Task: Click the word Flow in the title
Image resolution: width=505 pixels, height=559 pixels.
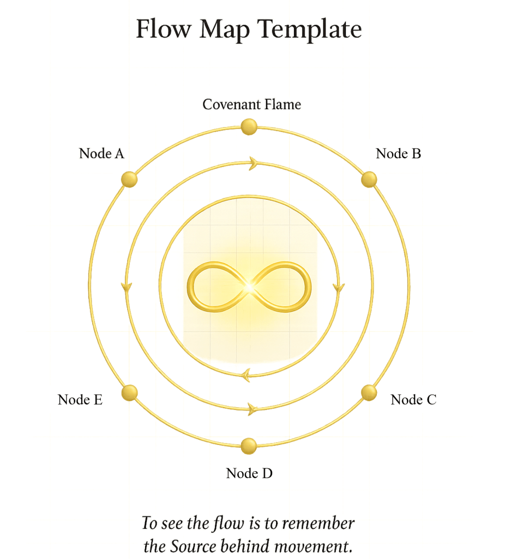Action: [x=163, y=28]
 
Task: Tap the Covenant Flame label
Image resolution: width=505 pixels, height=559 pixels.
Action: [x=251, y=104]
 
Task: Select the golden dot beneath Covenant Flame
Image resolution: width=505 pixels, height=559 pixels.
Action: [x=249, y=127]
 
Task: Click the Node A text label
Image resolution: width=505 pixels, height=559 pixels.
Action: [x=101, y=153]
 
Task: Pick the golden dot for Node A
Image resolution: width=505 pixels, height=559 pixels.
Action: [x=129, y=179]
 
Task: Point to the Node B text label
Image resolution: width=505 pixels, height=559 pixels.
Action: [x=398, y=153]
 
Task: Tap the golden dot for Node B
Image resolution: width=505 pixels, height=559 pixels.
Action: [x=369, y=179]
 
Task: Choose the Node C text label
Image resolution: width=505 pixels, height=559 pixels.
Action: [x=413, y=400]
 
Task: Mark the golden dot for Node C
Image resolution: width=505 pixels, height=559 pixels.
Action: [x=369, y=393]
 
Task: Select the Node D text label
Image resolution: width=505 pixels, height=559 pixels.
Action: [x=249, y=473]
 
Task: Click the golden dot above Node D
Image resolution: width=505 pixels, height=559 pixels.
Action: [x=249, y=446]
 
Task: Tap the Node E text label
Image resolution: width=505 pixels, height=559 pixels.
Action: [x=80, y=400]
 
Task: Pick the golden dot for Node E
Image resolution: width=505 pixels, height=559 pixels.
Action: [x=129, y=393]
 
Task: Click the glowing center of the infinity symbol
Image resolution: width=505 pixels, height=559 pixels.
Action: [x=249, y=287]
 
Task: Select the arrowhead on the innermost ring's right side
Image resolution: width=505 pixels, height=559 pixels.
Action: [x=339, y=288]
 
